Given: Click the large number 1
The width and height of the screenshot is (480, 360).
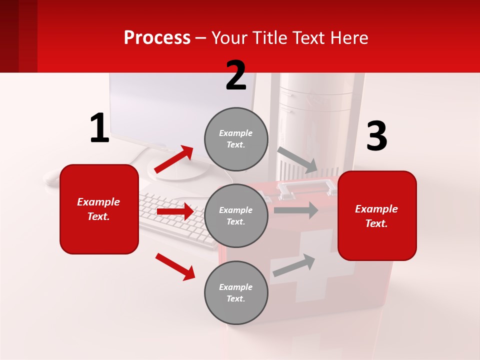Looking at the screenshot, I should [x=99, y=128].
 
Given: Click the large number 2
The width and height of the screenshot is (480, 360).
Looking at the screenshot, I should [x=236, y=76].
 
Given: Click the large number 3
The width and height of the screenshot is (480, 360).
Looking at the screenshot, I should [x=376, y=137].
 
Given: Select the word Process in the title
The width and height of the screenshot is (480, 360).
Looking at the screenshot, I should [x=157, y=37].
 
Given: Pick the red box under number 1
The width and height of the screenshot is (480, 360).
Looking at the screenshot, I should [x=99, y=209].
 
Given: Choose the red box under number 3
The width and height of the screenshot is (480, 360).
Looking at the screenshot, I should [x=377, y=215].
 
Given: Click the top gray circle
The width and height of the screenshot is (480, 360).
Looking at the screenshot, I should [x=236, y=138].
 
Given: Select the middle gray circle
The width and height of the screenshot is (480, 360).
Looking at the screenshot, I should [x=236, y=215].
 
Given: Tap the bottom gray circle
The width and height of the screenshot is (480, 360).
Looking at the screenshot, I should [x=236, y=292].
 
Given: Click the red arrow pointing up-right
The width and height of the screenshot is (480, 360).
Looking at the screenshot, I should [x=174, y=159].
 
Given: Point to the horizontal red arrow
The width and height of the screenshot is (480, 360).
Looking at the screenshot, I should [x=175, y=211].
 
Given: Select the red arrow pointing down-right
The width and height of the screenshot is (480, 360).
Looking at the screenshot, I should [x=175, y=266].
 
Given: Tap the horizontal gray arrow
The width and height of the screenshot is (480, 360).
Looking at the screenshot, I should [x=296, y=210].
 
